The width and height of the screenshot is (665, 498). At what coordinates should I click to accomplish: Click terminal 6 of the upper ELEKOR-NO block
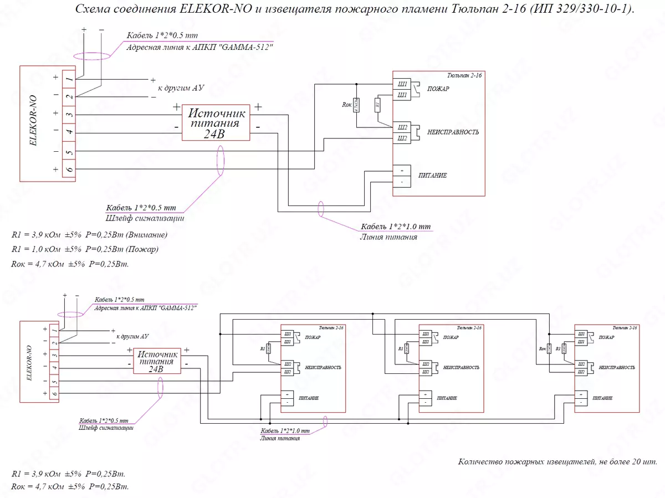click(69, 169)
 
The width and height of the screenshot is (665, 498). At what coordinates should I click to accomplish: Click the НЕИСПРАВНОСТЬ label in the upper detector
click(453, 132)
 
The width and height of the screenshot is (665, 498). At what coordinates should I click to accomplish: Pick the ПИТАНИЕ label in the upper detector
click(437, 176)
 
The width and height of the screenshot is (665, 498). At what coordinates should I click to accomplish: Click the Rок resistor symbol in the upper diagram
click(356, 104)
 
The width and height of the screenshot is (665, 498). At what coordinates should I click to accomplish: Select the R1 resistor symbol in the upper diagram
click(378, 104)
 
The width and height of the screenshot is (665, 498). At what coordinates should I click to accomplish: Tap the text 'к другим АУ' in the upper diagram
click(182, 88)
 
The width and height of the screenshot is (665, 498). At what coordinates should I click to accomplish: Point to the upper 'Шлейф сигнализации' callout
click(145, 218)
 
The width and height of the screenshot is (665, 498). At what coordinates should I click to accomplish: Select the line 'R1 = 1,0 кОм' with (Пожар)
click(85, 249)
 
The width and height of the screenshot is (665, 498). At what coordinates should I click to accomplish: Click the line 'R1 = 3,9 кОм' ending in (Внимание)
click(89, 234)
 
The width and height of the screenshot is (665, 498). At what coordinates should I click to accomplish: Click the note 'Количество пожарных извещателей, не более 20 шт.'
click(558, 461)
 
